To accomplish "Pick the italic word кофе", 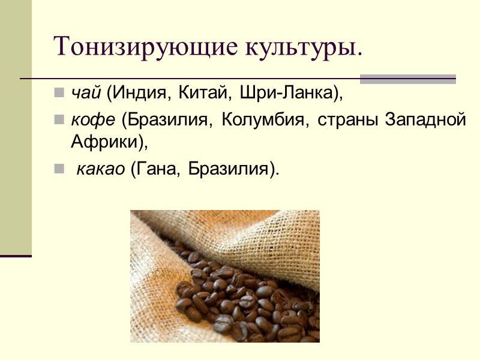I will [x=93, y=120].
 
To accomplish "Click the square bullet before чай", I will [x=59, y=94].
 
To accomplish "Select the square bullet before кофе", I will [x=59, y=120].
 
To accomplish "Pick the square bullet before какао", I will [x=59, y=169].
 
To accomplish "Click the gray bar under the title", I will [x=407, y=79].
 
